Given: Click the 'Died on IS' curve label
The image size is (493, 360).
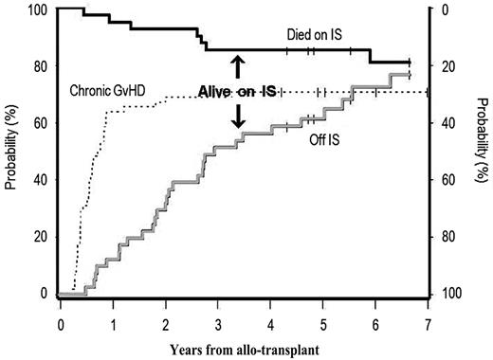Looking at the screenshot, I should click(x=314, y=34).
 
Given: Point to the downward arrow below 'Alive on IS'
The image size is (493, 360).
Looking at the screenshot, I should click(x=238, y=115).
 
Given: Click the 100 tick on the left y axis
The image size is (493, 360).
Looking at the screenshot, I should click(x=37, y=10).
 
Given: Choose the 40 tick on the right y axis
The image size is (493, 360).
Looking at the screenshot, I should click(x=448, y=123).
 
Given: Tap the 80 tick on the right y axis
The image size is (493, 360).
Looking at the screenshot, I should click(x=448, y=237).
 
